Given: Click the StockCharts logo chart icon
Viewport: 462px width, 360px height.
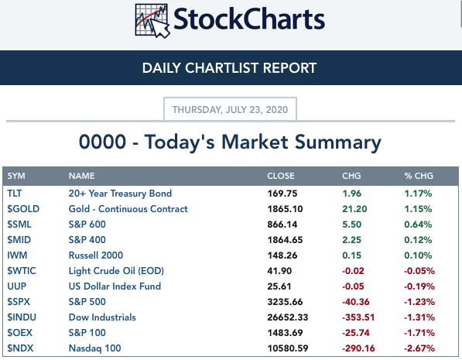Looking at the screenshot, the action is (152, 21).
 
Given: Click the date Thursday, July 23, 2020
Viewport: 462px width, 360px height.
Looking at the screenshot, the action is (230, 110).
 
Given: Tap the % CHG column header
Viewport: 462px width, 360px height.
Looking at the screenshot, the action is (419, 176).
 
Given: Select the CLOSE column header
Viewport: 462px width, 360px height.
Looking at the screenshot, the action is (280, 176).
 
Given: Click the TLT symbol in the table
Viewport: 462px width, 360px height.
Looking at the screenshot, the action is (15, 193).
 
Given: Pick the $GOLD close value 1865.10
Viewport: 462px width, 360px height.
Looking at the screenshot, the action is (285, 209).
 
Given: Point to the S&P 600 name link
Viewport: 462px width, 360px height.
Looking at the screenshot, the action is (87, 224).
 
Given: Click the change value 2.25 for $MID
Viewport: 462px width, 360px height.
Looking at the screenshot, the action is (351, 240).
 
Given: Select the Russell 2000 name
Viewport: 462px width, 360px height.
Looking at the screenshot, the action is (96, 255).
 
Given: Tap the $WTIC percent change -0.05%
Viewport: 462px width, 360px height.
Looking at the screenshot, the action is (419, 271).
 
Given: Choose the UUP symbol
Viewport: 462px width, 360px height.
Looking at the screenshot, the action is (17, 286).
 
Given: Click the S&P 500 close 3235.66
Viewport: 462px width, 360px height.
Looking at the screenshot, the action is (285, 302).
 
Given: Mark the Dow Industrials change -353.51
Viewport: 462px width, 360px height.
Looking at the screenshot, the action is (358, 317).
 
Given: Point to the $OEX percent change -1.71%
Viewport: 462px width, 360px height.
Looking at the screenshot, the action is (419, 333).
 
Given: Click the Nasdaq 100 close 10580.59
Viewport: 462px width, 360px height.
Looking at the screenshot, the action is (288, 348).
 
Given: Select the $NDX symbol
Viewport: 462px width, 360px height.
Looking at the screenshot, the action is (20, 348).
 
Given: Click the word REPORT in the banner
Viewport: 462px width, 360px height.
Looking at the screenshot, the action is (289, 68).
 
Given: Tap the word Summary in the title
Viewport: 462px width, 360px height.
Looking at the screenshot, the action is (338, 142).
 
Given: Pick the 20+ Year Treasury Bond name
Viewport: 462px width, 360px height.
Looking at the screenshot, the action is (120, 193).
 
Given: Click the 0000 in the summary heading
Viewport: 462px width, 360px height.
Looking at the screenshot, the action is (102, 142).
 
